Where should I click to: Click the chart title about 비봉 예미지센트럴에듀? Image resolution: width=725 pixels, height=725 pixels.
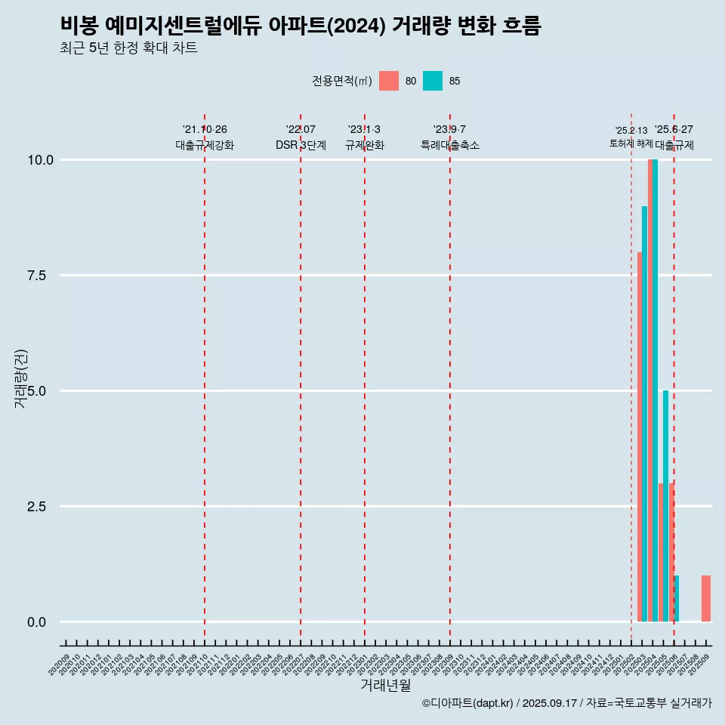(x=301, y=26)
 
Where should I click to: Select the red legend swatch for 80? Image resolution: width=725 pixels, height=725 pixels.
(x=388, y=81)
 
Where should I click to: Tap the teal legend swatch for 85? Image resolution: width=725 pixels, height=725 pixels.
(x=432, y=81)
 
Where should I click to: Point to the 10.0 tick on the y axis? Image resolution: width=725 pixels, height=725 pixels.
(x=41, y=160)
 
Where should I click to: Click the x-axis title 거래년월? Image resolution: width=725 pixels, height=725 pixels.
(x=385, y=685)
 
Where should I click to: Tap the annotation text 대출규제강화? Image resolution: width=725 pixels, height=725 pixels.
(x=205, y=145)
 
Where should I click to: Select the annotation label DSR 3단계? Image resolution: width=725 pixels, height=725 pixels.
(x=301, y=145)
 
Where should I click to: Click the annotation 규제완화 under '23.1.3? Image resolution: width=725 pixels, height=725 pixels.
(x=365, y=145)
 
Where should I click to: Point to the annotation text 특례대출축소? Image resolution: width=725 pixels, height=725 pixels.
(x=450, y=145)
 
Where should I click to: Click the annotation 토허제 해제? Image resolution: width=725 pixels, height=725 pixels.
(x=631, y=143)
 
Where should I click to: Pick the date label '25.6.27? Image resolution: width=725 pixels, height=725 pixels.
(x=674, y=130)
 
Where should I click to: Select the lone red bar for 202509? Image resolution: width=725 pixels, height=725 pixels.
(x=705, y=598)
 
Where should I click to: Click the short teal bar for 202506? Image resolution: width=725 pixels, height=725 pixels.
(x=677, y=599)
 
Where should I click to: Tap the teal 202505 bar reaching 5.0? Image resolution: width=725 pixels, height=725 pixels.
(x=665, y=506)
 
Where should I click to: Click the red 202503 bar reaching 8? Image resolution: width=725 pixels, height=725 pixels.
(x=640, y=438)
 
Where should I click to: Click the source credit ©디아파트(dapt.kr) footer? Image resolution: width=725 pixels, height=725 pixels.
(x=566, y=703)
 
